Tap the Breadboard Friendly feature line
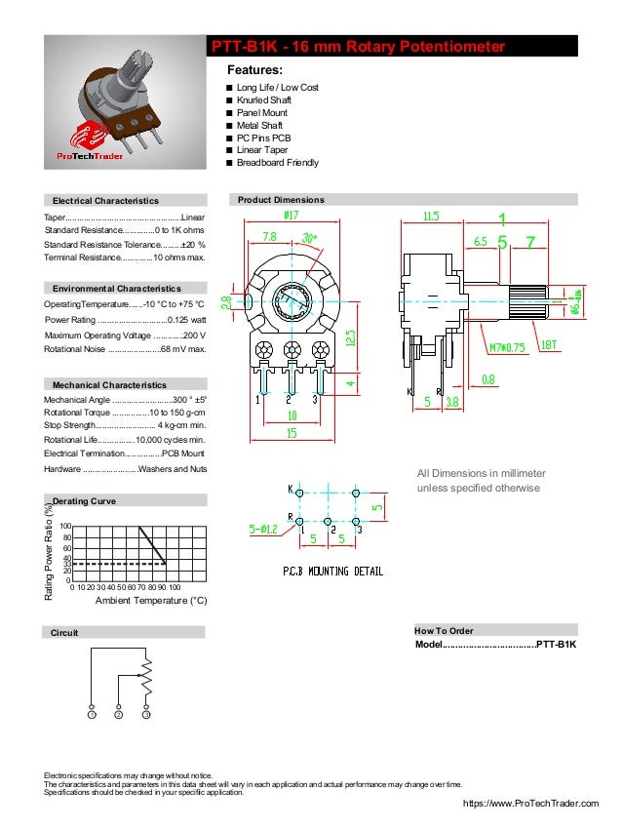(x=277, y=163)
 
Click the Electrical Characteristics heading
(x=105, y=201)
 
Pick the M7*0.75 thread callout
(x=506, y=346)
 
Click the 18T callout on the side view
(x=548, y=344)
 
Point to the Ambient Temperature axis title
(x=151, y=601)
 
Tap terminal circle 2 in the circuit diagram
(x=118, y=715)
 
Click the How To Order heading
(x=444, y=631)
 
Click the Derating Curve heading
(x=84, y=500)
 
